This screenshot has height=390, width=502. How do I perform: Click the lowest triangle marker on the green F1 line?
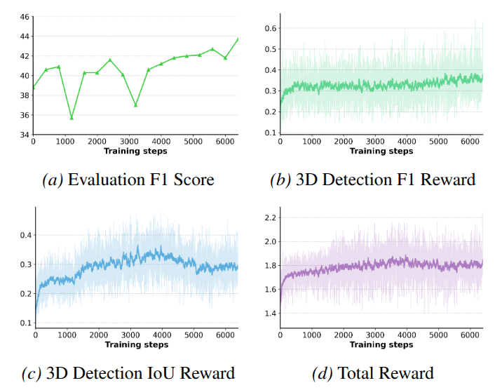pyautogui.click(x=71, y=117)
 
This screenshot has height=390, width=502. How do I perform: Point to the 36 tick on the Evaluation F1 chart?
pyautogui.click(x=23, y=115)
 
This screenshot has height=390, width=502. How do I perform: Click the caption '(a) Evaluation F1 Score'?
pyautogui.click(x=128, y=180)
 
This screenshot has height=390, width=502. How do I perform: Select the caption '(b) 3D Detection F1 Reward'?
pyautogui.click(x=373, y=180)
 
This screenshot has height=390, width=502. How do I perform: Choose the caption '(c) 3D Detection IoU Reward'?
pyautogui.click(x=128, y=372)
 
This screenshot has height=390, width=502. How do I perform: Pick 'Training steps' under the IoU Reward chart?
pyautogui.click(x=136, y=344)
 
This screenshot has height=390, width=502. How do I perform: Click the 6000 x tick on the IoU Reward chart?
pyautogui.click(x=226, y=335)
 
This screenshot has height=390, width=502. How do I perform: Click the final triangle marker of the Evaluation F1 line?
pyautogui.click(x=238, y=39)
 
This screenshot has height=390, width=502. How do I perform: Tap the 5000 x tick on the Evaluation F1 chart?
pyautogui.click(x=192, y=142)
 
